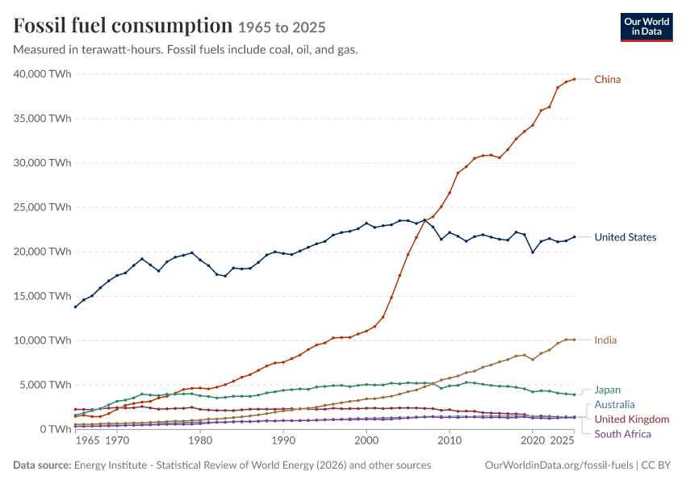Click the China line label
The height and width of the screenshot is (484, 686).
point(607,80)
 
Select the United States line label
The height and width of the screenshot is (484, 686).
point(625,237)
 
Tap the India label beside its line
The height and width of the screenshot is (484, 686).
point(605,340)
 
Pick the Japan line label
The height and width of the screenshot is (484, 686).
point(607,390)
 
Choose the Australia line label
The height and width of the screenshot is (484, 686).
point(614,404)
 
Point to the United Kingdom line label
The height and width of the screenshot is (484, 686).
point(632,419)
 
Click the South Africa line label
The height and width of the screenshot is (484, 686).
point(622,434)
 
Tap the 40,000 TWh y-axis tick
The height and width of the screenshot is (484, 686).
point(42,74)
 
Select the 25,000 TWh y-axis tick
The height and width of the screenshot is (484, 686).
point(42,207)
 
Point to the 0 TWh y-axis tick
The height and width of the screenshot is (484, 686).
point(55,429)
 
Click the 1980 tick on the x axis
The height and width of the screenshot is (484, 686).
point(200,440)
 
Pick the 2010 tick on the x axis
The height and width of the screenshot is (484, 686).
point(450,440)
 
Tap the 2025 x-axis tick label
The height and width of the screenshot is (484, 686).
point(562,440)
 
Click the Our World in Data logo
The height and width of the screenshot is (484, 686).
point(646,27)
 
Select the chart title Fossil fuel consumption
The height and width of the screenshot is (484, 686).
point(123,26)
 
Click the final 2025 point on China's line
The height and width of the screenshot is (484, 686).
point(575,79)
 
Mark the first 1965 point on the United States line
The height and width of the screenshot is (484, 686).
point(75,307)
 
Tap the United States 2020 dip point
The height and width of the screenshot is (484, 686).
point(533,252)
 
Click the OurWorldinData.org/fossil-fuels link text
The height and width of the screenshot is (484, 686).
point(558,465)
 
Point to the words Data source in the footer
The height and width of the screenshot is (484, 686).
point(42,465)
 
